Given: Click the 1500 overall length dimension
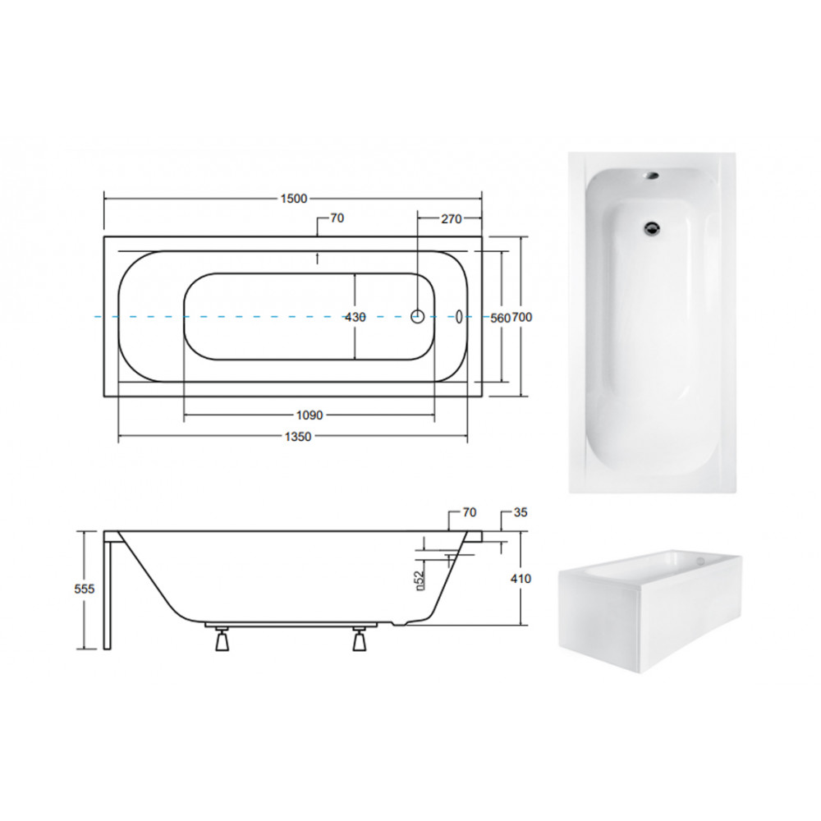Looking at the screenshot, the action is tap(294, 199).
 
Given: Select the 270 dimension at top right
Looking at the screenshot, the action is tap(451, 219).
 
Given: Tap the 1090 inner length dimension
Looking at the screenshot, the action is tap(310, 415).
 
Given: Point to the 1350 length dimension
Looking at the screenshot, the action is tap(298, 437).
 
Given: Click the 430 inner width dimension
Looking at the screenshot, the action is tap(355, 317).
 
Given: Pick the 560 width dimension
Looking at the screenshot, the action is tap(500, 317).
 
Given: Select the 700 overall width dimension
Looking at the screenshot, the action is tap(522, 317).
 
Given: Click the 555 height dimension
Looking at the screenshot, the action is tap(85, 589).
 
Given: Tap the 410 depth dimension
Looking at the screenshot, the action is tap(521, 579).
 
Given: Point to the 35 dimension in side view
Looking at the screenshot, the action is tap(521, 512).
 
